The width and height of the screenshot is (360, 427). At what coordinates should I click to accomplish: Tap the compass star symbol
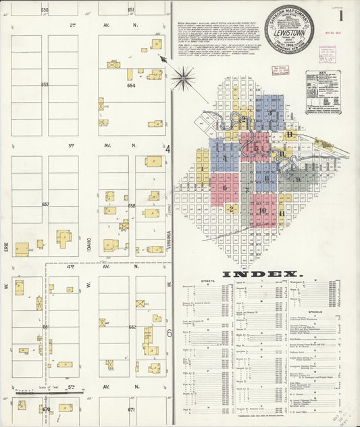pyautogui.click(x=182, y=78)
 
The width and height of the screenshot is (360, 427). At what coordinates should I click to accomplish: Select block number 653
pyautogui.click(x=45, y=85)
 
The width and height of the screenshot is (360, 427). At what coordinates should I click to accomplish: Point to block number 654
pyautogui.click(x=131, y=86)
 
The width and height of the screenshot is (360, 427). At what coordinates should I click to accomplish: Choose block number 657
pyautogui.click(x=45, y=204)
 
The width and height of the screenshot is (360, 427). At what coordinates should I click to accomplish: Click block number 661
pyautogui.click(x=45, y=327)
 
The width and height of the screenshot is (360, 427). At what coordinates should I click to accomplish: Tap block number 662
pyautogui.click(x=132, y=327)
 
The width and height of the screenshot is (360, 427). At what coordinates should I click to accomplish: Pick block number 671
pyautogui.click(x=132, y=409)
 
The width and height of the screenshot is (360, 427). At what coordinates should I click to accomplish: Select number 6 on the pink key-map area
pyautogui.click(x=224, y=188)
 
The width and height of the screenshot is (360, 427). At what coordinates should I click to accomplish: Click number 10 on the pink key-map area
pyautogui.click(x=262, y=210)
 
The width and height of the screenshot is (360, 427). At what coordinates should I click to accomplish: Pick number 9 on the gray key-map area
pyautogui.click(x=298, y=179)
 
